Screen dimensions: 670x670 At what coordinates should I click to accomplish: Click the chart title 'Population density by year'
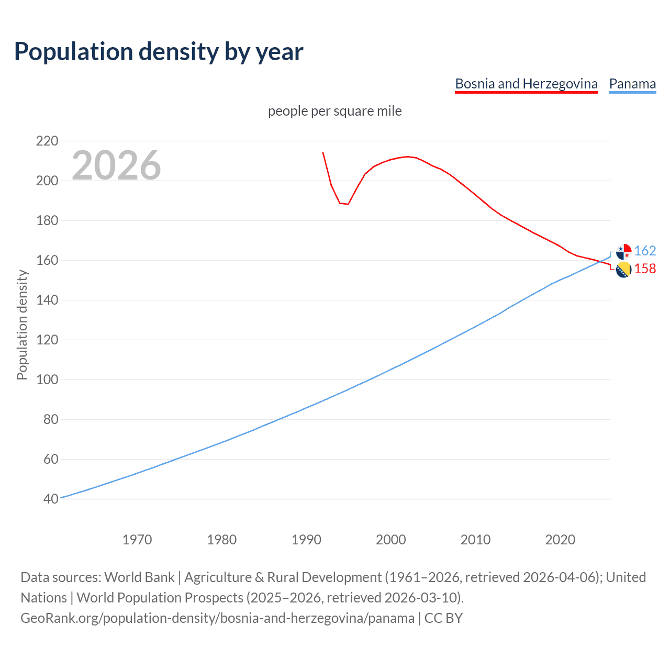(x=159, y=52)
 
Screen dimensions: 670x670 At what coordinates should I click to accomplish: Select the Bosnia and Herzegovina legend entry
(x=526, y=84)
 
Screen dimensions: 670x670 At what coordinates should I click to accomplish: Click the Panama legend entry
(x=632, y=84)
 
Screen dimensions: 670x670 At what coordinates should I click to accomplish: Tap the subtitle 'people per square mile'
(x=334, y=111)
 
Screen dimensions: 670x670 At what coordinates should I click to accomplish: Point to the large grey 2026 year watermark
(x=116, y=165)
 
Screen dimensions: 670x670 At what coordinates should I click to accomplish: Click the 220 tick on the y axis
(x=47, y=141)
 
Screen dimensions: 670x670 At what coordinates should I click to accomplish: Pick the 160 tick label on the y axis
(x=47, y=260)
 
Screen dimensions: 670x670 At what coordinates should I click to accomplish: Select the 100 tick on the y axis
(x=47, y=379)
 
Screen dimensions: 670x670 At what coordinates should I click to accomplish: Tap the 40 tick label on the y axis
(x=51, y=499)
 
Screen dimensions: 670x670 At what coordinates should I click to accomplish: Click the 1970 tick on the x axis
(x=137, y=539)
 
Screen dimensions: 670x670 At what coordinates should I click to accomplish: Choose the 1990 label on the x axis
(x=306, y=539)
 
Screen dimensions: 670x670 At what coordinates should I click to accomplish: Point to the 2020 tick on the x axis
(x=560, y=539)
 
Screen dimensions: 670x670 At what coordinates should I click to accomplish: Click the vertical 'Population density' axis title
(x=22, y=325)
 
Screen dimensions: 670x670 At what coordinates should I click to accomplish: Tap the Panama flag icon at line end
(x=623, y=252)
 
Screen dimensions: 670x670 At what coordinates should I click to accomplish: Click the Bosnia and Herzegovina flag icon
(x=623, y=270)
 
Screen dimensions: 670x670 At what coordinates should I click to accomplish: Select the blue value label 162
(x=645, y=251)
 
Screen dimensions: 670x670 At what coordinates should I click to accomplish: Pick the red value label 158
(x=645, y=269)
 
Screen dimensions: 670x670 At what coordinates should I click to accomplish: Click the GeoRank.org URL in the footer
(x=217, y=618)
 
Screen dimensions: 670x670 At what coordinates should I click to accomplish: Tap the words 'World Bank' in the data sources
(x=139, y=577)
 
